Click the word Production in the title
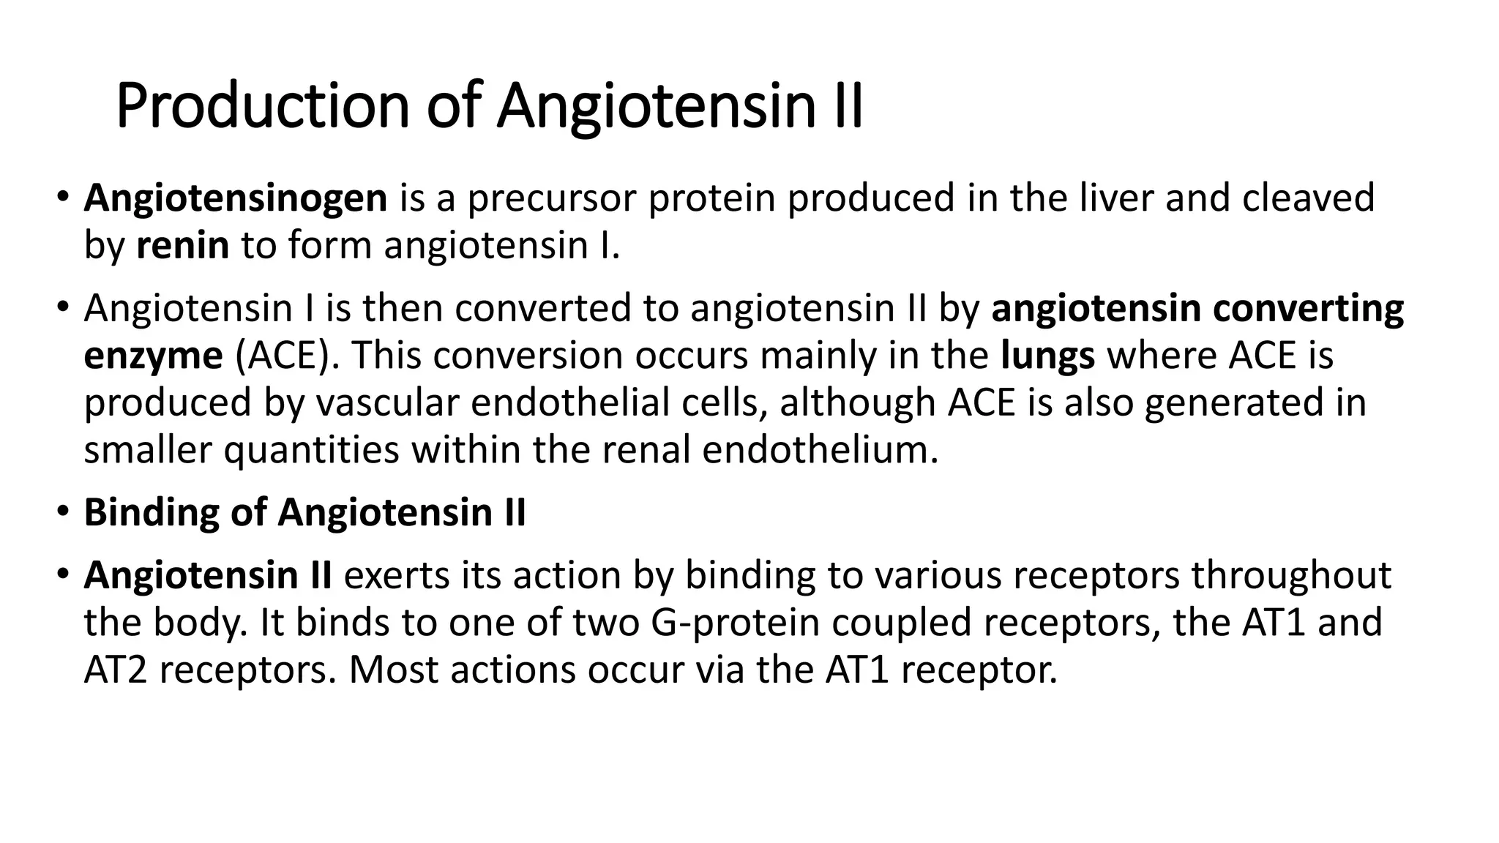point(262,107)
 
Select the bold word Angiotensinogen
point(235,198)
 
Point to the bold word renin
point(182,245)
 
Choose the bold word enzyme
point(153,356)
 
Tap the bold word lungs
point(1047,356)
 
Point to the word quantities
point(311,450)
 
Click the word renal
point(646,450)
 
